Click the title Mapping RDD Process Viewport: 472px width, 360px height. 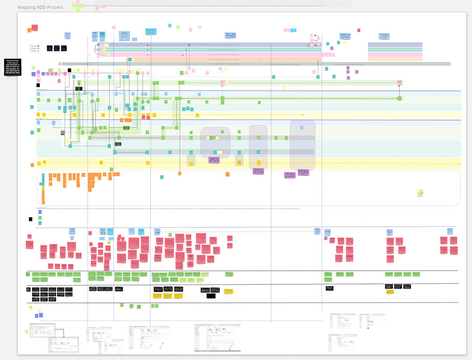pyautogui.click(x=40, y=7)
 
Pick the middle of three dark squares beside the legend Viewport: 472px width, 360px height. pyautogui.click(x=56, y=48)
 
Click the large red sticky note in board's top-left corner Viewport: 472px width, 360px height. pyautogui.click(x=35, y=27)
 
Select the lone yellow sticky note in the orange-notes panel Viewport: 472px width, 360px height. pyautogui.click(x=420, y=193)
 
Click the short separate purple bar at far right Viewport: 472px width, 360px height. pyautogui.click(x=395, y=45)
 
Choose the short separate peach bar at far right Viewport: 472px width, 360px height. pyautogui.click(x=395, y=59)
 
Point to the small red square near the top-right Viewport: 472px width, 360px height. pyautogui.click(x=359, y=30)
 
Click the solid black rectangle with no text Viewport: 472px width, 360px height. pyautogui.click(x=211, y=296)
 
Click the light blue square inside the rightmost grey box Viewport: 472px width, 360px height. pyautogui.click(x=302, y=127)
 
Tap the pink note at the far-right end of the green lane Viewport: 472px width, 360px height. pyautogui.click(x=400, y=82)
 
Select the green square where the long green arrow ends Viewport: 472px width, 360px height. pyautogui.click(x=400, y=98)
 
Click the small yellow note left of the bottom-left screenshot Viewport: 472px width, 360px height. pyautogui.click(x=26, y=331)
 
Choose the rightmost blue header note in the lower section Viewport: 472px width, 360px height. pyautogui.click(x=450, y=231)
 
